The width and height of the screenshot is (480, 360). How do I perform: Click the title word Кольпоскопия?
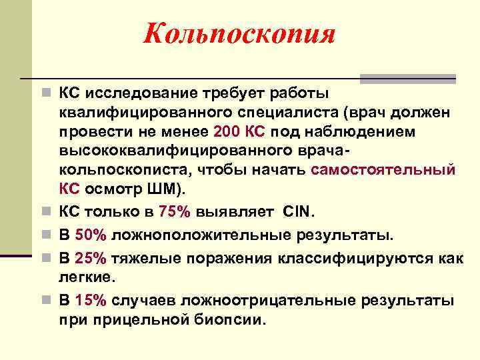tap(239, 33)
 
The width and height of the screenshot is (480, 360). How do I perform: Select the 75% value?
tap(174, 213)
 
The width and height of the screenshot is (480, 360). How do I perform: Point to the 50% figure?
tap(89, 235)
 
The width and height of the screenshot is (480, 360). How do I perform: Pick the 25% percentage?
tap(89, 258)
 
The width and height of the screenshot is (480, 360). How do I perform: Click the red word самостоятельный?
tap(383, 169)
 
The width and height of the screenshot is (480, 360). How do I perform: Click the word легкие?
tap(86, 275)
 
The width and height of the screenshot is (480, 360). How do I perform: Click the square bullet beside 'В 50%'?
tap(43, 235)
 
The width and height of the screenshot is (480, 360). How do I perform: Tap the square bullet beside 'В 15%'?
tap(43, 299)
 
